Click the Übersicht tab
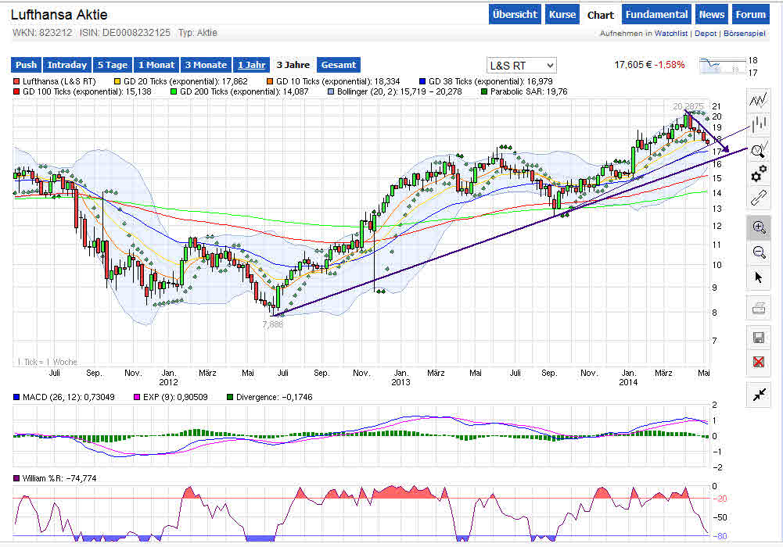(x=515, y=14)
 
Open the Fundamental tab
(x=657, y=14)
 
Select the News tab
(x=712, y=14)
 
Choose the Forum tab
(x=751, y=14)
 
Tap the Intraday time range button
(x=66, y=65)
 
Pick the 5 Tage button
(x=112, y=65)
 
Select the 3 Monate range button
(x=205, y=65)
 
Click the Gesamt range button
(x=338, y=65)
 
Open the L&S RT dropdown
(x=521, y=65)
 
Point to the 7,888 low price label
(x=272, y=324)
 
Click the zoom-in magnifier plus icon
(x=758, y=227)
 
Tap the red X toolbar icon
(x=758, y=362)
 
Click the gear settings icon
(x=758, y=173)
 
